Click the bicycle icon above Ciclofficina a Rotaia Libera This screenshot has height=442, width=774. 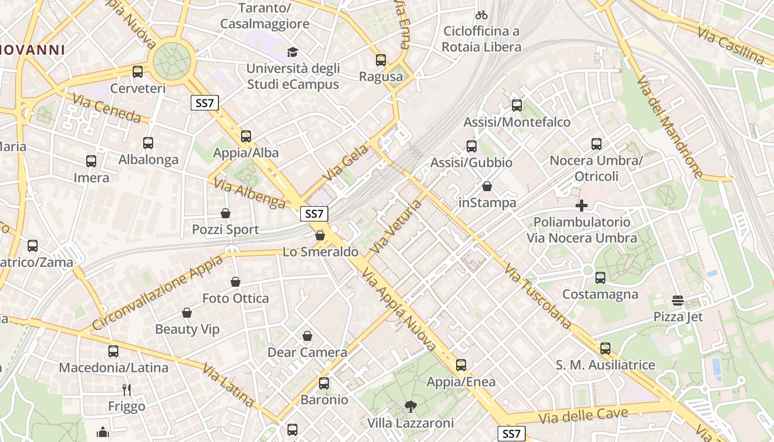(482, 15)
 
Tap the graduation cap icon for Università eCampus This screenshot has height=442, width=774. (292, 52)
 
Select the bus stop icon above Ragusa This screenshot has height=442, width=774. (381, 60)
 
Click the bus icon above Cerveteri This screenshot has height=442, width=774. (138, 72)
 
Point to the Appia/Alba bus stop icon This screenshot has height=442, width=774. (246, 136)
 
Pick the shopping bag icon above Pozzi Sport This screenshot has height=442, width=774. (226, 213)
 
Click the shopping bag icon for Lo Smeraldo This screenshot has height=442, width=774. (320, 236)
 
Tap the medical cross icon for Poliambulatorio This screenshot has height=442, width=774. (582, 206)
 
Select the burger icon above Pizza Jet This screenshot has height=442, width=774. (678, 301)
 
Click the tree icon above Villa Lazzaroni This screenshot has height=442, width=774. (411, 407)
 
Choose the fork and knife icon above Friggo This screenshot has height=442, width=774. (127, 390)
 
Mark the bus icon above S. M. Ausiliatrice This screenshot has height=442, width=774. (605, 349)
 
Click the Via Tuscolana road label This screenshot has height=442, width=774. (538, 296)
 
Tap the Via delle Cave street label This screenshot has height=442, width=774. (585, 415)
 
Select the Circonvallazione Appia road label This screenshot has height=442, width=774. (157, 293)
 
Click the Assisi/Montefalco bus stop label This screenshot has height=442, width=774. (517, 122)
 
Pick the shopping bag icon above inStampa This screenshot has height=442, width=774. (487, 186)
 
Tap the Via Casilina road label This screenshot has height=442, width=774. (730, 44)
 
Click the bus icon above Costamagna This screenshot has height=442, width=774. (600, 278)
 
